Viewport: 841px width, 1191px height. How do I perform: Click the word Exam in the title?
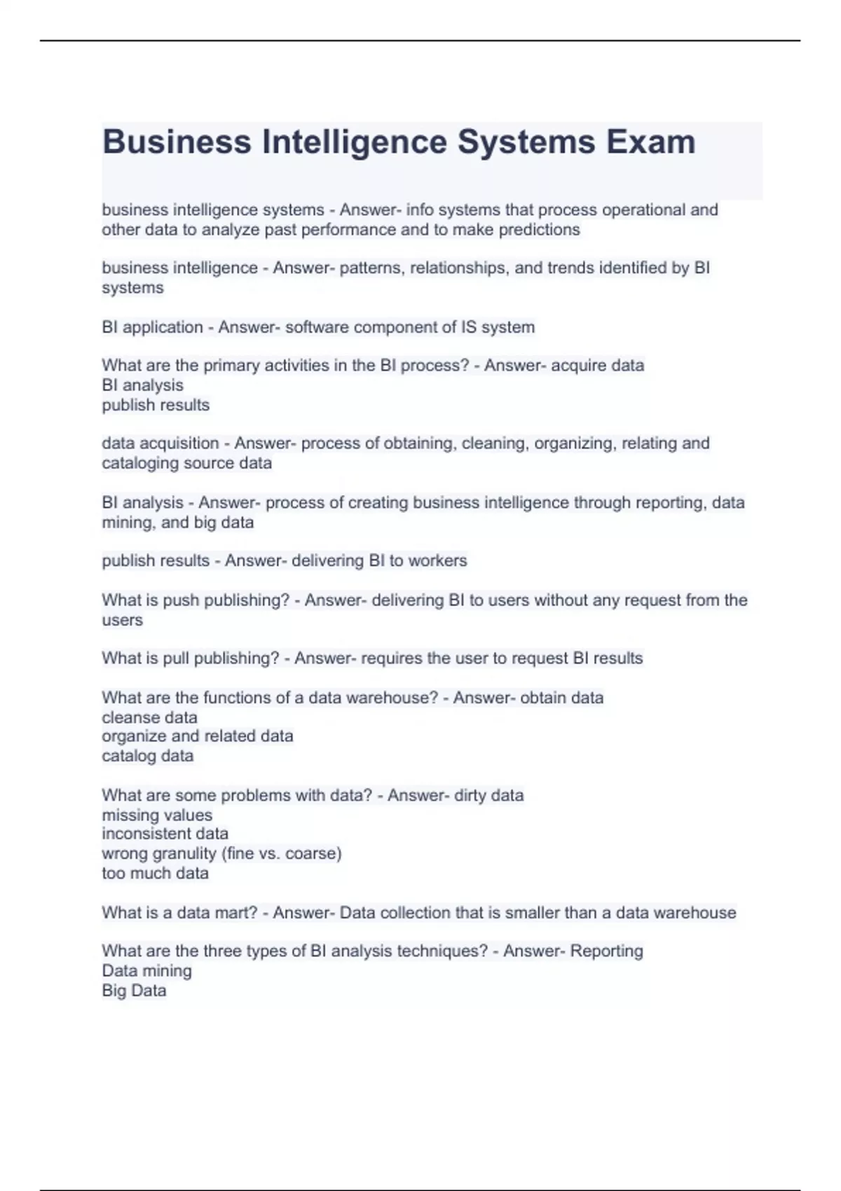(650, 142)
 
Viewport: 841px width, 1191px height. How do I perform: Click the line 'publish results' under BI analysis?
(156, 405)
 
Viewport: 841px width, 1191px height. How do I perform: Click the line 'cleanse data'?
(149, 717)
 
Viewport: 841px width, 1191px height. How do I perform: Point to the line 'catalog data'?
(147, 756)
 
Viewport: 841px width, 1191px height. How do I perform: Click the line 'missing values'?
(157, 815)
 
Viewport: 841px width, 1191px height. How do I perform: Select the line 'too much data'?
(155, 874)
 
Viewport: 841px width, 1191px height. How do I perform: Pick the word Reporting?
(606, 951)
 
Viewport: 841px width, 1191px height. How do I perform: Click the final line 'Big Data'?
(134, 991)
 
